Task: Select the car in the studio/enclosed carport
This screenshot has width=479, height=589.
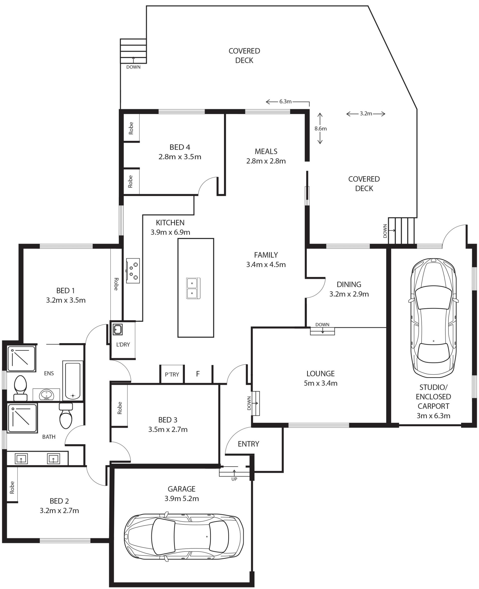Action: coord(434,318)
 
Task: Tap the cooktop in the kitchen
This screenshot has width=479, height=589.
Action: coord(133,271)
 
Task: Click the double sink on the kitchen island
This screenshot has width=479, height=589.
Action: coord(193,288)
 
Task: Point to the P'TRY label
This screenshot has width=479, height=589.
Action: coord(172,374)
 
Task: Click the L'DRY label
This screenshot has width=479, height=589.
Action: coord(123,344)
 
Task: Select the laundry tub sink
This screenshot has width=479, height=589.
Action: coord(118,329)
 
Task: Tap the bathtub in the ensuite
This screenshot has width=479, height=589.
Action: coord(73,380)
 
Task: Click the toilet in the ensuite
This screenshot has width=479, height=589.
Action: coord(20,388)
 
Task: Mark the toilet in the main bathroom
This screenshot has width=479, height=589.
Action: coord(66,416)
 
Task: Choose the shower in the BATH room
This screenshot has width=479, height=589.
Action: coord(22,418)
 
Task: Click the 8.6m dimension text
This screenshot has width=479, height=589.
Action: coord(321,128)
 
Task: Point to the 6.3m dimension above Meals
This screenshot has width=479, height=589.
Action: coord(285,101)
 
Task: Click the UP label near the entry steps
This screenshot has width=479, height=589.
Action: coord(234,479)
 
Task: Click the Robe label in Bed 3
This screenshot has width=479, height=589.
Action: coord(120,408)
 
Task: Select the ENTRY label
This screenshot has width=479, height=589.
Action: coord(248,444)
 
